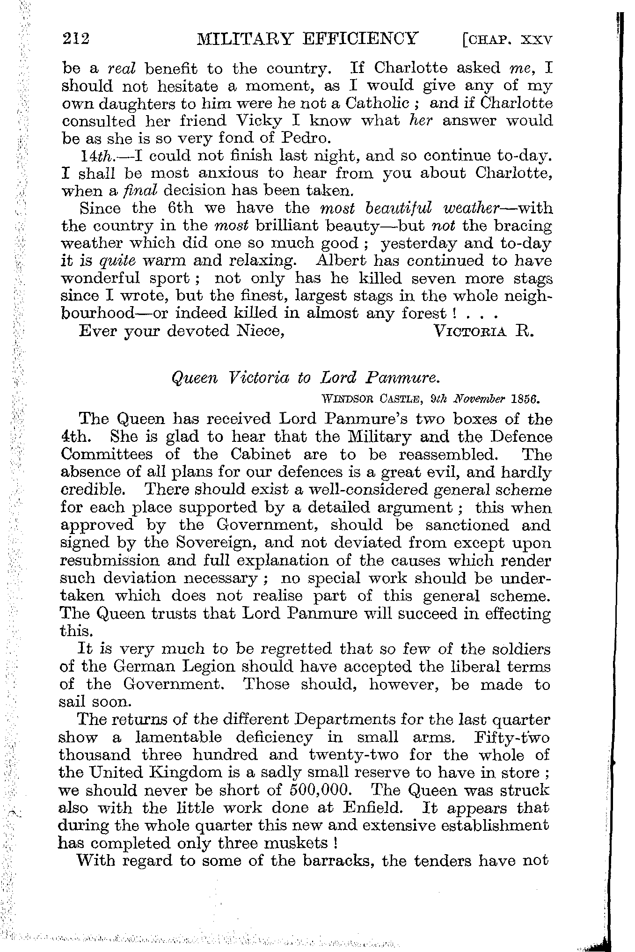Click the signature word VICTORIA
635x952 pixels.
click(472, 331)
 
